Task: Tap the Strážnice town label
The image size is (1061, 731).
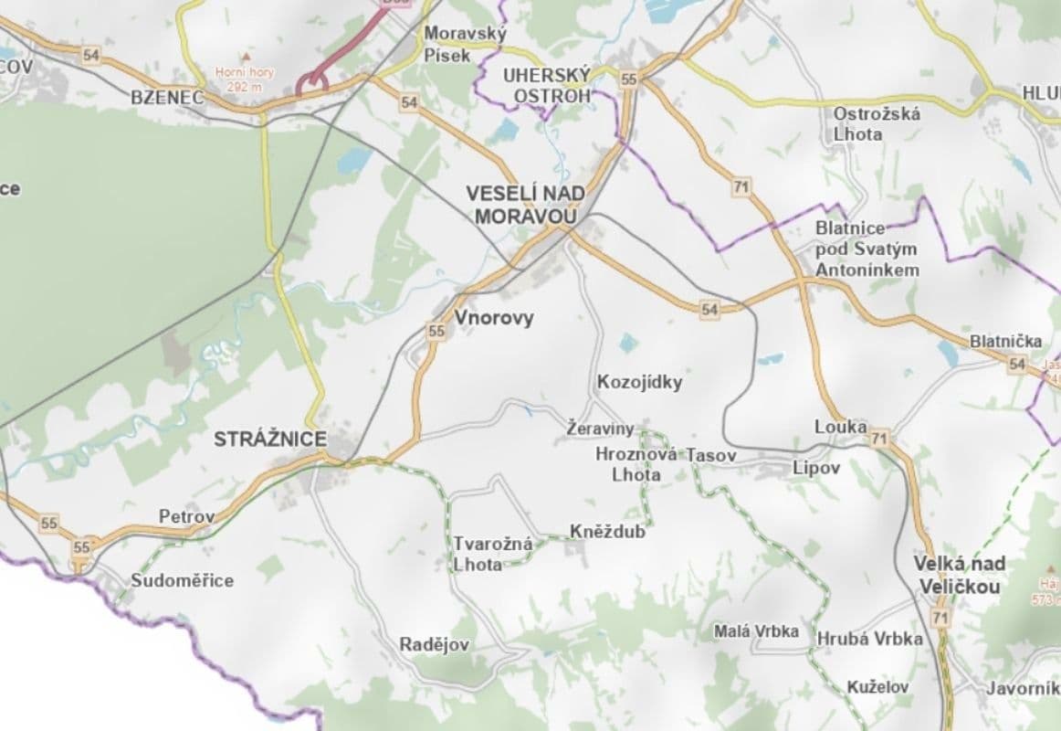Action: pyautogui.click(x=269, y=440)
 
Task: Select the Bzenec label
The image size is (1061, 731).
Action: pyautogui.click(x=167, y=97)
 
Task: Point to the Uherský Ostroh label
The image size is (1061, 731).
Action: pyautogui.click(x=547, y=85)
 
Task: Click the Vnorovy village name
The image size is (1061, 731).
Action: pyautogui.click(x=493, y=318)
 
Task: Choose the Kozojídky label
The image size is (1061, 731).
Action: pyautogui.click(x=639, y=382)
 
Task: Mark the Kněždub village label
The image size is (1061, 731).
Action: pyautogui.click(x=606, y=531)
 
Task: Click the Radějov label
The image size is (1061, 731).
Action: pyautogui.click(x=435, y=645)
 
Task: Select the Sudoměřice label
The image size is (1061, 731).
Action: pyautogui.click(x=182, y=580)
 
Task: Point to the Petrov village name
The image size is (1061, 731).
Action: pyautogui.click(x=186, y=516)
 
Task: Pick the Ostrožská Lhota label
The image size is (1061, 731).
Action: pyautogui.click(x=876, y=123)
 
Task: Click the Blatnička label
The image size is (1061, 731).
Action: pyautogui.click(x=1005, y=341)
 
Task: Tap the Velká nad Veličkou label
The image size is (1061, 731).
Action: pyautogui.click(x=959, y=575)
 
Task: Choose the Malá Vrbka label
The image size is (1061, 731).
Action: pyautogui.click(x=756, y=631)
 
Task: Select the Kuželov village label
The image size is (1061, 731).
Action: pyautogui.click(x=877, y=687)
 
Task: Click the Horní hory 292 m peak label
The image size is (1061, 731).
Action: pyautogui.click(x=238, y=79)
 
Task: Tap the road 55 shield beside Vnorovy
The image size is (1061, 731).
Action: pyautogui.click(x=436, y=332)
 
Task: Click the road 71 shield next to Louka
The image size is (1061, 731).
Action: pyautogui.click(x=879, y=440)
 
